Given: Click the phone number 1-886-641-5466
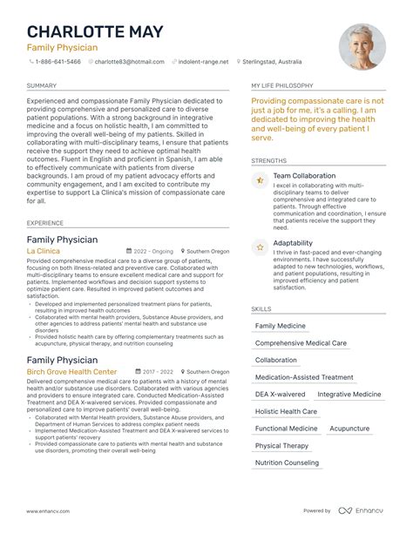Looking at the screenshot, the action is [x=58, y=63].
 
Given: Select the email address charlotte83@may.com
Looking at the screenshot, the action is [x=130, y=63].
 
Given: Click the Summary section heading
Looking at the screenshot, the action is [x=42, y=86].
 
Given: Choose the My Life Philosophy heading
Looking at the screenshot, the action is [x=282, y=86].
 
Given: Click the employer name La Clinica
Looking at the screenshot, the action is [x=44, y=251].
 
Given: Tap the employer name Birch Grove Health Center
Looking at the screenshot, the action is [x=71, y=371].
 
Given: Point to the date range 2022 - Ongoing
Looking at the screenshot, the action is [x=151, y=251].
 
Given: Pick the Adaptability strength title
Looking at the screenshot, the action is [x=292, y=243].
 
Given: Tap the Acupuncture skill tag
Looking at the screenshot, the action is [x=349, y=429].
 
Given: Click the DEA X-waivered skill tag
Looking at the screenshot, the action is [x=281, y=394].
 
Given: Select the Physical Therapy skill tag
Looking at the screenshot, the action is [x=281, y=445].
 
